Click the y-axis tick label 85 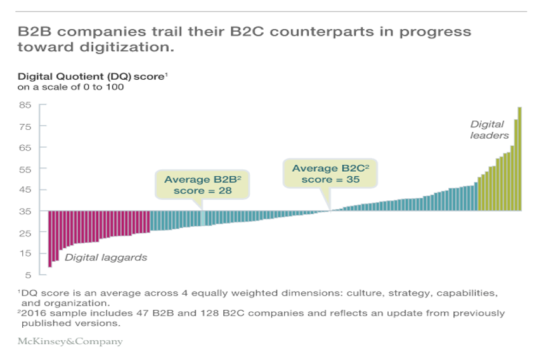25,105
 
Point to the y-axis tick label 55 25,169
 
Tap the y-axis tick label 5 28,275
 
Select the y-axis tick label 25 25,233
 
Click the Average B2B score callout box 202,185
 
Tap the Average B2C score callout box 330,174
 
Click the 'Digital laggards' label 106,258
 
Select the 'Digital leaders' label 489,130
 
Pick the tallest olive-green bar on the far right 520,159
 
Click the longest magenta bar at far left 50,239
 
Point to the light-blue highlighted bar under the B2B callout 203,219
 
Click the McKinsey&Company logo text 70,342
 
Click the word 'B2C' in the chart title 247,32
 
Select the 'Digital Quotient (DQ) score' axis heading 93,76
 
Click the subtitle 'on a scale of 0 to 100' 70,87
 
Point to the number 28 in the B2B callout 225,190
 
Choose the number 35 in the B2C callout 353,179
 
